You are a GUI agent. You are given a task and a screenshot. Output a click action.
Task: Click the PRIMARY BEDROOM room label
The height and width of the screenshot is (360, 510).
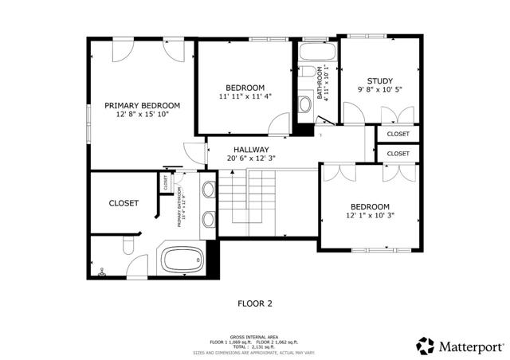pos(143,105)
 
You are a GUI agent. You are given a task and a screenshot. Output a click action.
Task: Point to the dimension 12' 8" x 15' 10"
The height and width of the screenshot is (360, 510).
pos(143,115)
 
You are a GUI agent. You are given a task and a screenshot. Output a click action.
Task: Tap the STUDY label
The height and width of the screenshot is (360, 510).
pos(379,80)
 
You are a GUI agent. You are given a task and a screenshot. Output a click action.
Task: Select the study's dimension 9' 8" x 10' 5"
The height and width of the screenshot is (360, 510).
pos(379,90)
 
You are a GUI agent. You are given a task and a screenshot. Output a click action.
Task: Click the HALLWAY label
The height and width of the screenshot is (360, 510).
pos(251,150)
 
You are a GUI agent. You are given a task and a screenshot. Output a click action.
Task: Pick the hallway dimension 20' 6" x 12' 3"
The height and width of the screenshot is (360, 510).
pos(251,159)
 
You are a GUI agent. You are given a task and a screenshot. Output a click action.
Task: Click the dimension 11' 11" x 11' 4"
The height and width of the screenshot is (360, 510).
pos(245,96)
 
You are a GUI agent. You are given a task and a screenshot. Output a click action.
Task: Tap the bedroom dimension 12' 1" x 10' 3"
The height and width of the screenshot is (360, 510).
pos(370,215)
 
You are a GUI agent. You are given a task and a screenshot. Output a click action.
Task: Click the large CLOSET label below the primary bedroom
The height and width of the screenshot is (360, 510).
pos(124,203)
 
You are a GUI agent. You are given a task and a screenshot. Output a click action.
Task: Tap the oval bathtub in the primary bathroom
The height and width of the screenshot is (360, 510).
pos(182,259)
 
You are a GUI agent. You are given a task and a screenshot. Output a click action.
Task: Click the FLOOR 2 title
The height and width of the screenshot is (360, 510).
pos(255,303)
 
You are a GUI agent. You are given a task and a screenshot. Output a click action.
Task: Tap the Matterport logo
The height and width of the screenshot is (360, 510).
pos(460,346)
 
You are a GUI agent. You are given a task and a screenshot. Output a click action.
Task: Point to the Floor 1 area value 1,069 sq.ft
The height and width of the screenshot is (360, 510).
pos(238,342)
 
